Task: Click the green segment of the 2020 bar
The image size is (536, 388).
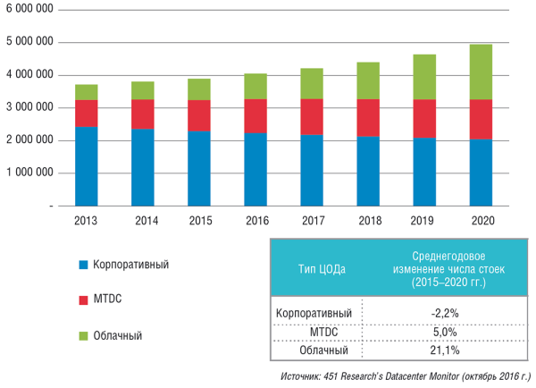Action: click(481, 72)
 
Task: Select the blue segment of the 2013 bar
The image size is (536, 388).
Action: click(87, 166)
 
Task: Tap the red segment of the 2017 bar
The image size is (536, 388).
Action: click(312, 117)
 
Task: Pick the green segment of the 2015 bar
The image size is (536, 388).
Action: click(199, 89)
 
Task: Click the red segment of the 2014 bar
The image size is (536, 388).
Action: click(143, 114)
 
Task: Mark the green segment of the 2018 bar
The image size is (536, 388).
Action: click(368, 80)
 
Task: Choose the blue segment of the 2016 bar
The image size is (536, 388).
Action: click(255, 170)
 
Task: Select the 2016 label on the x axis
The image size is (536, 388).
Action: click(255, 221)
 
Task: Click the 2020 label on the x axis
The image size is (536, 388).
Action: click(481, 221)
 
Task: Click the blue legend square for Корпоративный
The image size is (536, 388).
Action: click(83, 265)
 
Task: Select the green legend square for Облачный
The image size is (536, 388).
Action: click(83, 336)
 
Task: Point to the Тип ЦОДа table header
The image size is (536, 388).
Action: click(321, 267)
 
